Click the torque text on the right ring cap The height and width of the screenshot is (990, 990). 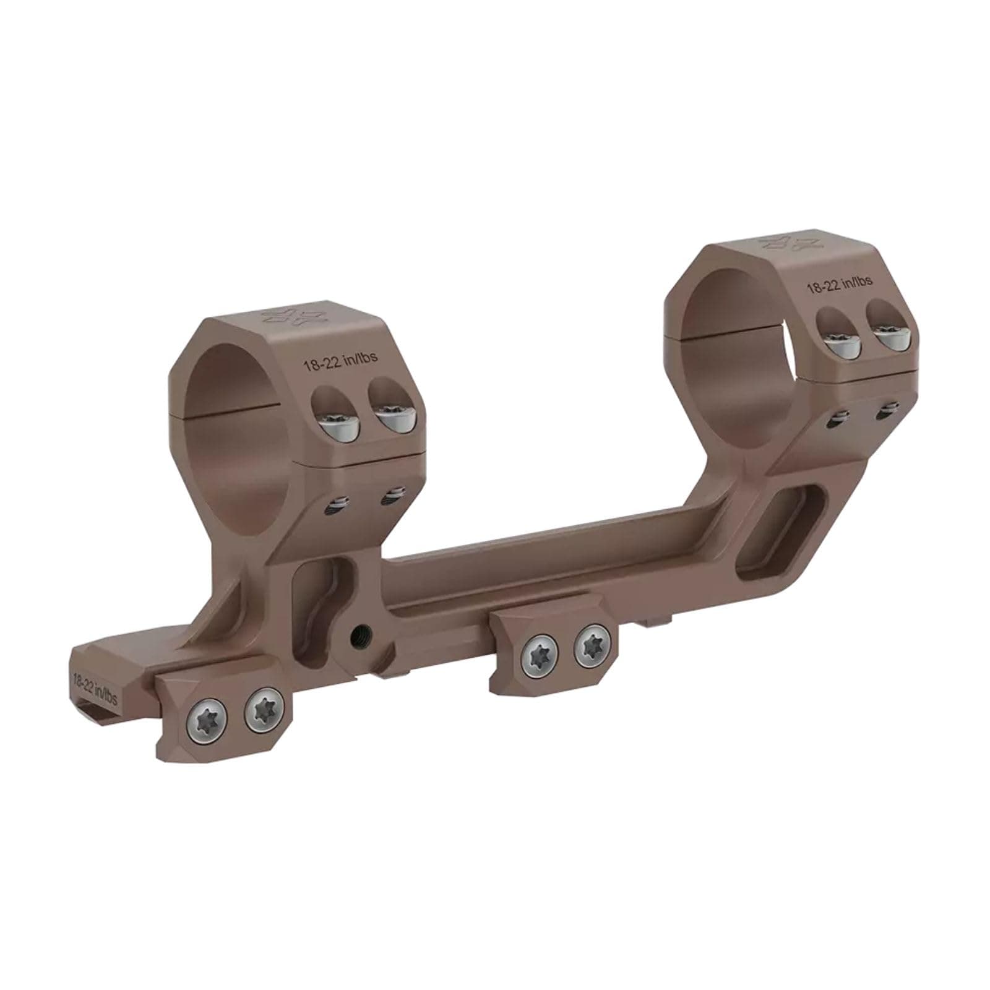(838, 284)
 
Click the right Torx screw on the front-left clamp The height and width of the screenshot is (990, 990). (263, 712)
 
